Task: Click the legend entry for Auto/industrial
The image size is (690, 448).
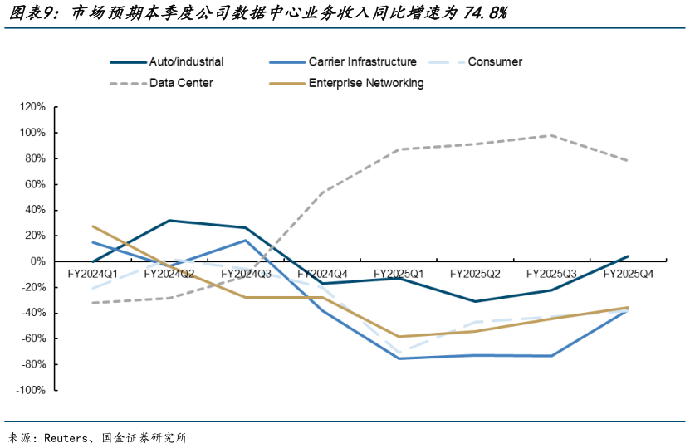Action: (186, 61)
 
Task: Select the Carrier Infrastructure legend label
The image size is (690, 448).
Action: (362, 61)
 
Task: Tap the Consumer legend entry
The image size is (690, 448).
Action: (495, 61)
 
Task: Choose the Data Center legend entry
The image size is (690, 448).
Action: (181, 83)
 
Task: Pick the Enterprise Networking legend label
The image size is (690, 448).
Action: (366, 83)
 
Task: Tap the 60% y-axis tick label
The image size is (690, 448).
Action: (34, 184)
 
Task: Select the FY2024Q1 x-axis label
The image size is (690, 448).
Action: (93, 273)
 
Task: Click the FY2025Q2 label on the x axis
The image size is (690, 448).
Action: (475, 273)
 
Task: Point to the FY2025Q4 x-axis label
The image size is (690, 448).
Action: (629, 273)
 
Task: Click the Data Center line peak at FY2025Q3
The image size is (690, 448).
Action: (552, 135)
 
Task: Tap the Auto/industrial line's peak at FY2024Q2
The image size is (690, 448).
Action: (169, 221)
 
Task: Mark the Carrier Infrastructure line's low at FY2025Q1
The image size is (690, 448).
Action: (399, 358)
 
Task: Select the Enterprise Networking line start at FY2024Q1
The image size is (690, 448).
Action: (93, 226)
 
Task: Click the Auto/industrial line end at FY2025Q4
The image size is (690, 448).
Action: (629, 256)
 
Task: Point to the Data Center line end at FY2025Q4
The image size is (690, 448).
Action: (629, 161)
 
